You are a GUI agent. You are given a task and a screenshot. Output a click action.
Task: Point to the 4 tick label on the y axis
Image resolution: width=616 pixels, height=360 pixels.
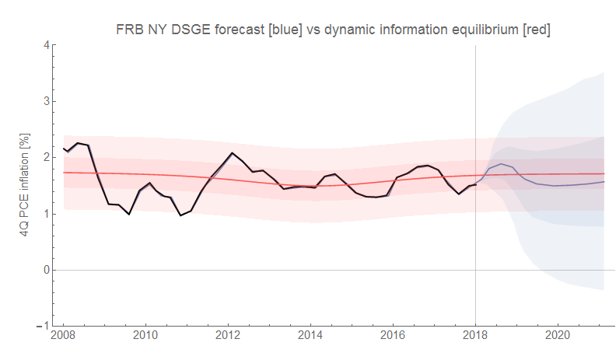point(47,45)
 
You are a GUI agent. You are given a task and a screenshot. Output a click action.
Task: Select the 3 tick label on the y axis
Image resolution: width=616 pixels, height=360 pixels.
point(47,101)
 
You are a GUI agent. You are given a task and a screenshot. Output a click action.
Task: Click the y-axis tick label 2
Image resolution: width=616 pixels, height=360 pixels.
point(47,157)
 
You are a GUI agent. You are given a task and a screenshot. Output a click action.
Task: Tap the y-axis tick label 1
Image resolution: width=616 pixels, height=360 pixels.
point(47,214)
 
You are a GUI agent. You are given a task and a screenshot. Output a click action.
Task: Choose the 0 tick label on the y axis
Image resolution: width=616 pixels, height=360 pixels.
point(47,270)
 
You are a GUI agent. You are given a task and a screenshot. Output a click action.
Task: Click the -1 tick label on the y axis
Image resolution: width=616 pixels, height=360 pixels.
point(44,326)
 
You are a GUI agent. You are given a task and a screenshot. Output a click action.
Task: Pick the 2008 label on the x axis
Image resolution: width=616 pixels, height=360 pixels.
point(64,337)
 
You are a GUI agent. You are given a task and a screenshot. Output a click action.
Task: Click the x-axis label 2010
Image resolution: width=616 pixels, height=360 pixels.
point(145,337)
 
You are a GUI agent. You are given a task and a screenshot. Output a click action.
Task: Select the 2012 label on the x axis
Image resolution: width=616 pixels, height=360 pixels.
point(228,337)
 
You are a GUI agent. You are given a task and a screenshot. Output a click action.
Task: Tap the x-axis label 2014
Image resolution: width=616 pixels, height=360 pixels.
point(310,337)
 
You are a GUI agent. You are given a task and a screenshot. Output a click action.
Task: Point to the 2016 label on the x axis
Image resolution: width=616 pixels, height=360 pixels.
point(393,337)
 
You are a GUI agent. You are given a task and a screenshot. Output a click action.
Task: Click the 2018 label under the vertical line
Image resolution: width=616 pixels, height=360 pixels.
point(475,337)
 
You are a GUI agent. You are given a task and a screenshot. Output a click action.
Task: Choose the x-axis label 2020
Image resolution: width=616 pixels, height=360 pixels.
point(558,337)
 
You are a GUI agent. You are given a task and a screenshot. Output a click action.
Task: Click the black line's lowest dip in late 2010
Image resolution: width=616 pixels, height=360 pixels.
point(180,215)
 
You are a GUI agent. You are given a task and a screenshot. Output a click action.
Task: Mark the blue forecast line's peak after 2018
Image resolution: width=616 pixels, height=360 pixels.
point(503,164)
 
